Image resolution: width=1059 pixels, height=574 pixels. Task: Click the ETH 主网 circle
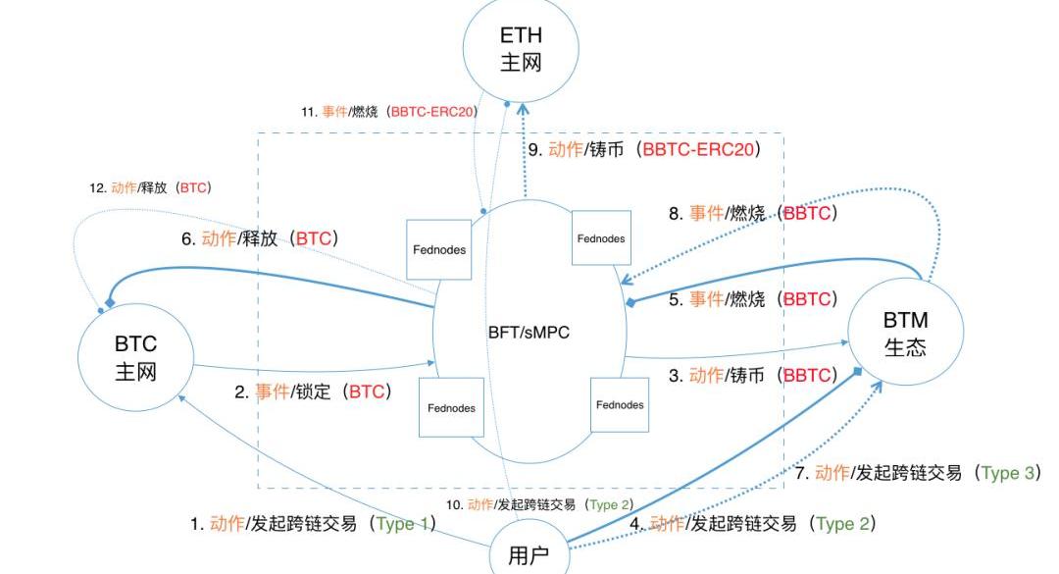coord(521,48)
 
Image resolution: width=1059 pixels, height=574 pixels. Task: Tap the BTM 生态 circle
coord(905,334)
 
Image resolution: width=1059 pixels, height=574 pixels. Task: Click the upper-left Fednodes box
coord(438,249)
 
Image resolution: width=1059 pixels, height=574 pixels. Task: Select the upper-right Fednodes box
coord(600,237)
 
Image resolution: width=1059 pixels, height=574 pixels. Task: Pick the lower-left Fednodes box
coord(450,407)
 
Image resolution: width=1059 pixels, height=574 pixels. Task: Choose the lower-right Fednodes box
coord(620,404)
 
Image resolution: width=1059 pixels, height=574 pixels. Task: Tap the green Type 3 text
coord(1009,473)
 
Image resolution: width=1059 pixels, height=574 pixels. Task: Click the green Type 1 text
coord(403,524)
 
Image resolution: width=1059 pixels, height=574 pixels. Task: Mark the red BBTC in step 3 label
coord(809,375)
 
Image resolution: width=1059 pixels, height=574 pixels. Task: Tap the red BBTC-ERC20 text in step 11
coord(431,112)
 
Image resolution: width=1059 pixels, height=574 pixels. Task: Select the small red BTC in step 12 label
coord(193,187)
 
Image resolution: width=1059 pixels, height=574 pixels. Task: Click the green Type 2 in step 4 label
coord(842,524)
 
